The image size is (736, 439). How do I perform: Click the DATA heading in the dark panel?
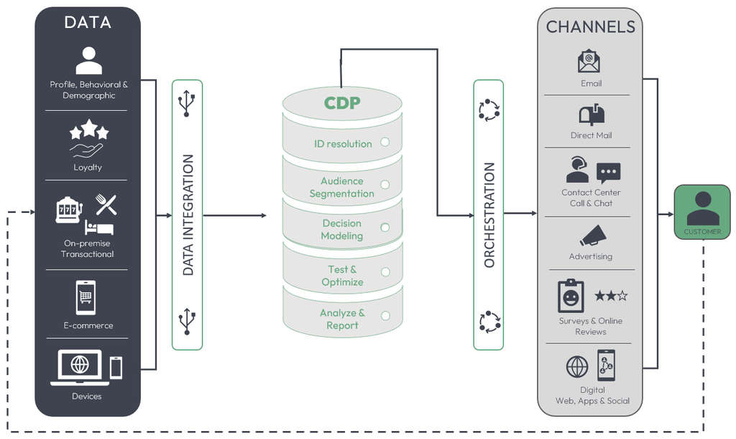88,22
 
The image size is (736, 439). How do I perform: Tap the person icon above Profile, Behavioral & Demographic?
88,61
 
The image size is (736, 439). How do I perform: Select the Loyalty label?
88,167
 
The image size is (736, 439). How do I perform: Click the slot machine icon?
69,209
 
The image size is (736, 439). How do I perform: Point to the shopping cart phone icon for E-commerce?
86,297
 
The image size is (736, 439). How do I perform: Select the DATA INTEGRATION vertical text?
188,214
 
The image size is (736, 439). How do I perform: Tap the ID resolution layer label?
343,144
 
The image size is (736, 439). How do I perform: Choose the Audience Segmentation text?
342,187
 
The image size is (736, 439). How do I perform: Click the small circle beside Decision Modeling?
385,227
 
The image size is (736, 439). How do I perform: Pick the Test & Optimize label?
342,276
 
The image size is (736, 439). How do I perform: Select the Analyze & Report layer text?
342,319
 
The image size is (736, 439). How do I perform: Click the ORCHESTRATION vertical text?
489,214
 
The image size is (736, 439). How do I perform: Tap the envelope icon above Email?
589,61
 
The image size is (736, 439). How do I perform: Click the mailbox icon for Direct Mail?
591,114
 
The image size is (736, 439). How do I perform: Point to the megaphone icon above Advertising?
593,235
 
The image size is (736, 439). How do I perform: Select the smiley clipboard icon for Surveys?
571,296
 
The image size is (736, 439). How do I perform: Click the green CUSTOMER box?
702,212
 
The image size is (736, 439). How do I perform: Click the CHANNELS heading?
591,27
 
